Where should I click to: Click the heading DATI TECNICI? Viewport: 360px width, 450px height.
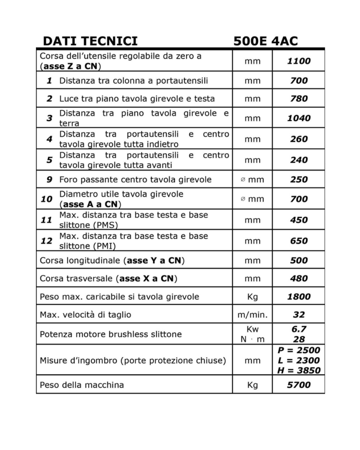click(x=90, y=41)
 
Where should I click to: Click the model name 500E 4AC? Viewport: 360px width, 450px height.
click(x=265, y=41)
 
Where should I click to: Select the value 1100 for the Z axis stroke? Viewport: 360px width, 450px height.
click(x=299, y=61)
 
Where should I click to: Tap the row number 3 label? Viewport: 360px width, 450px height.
click(x=50, y=118)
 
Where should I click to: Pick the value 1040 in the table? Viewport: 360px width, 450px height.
click(x=299, y=118)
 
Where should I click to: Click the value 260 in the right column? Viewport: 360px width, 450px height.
click(x=299, y=139)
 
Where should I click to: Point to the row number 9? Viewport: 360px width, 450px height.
click(x=50, y=179)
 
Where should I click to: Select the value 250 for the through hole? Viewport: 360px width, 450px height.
click(x=299, y=179)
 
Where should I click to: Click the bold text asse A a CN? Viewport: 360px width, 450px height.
click(x=90, y=204)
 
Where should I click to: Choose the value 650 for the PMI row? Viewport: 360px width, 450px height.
click(x=299, y=241)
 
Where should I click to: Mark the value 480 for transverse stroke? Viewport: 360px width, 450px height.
click(x=299, y=278)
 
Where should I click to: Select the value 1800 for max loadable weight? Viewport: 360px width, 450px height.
click(x=299, y=297)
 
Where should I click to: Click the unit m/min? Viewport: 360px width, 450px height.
click(x=252, y=315)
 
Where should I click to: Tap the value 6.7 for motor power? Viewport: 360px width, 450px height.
click(x=299, y=329)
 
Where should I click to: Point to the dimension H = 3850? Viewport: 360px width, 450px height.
click(x=299, y=370)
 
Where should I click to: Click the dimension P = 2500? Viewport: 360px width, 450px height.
click(x=299, y=351)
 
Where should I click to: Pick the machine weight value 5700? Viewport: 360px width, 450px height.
click(x=299, y=385)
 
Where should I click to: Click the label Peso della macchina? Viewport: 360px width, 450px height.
click(x=82, y=385)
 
